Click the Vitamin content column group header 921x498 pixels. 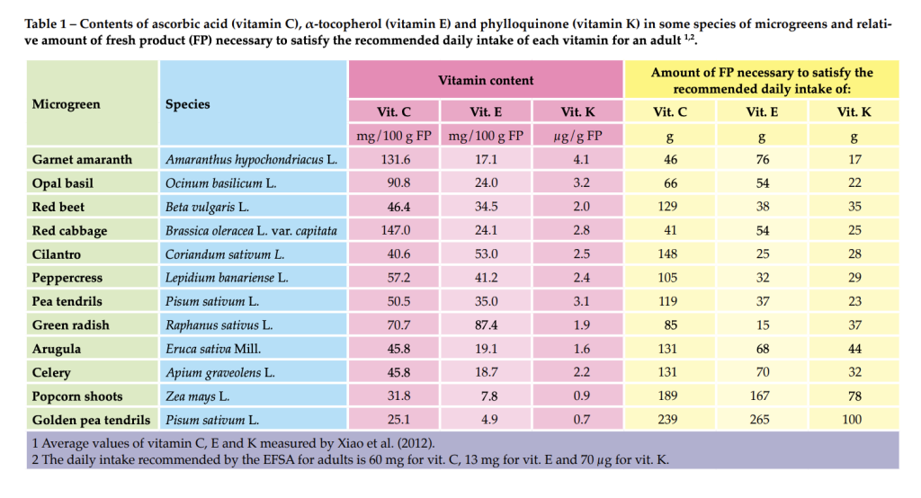click(486, 80)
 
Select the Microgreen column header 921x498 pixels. click(67, 104)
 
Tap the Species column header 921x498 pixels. click(187, 104)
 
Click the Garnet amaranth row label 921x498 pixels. click(82, 159)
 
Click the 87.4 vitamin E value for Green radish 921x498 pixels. click(486, 325)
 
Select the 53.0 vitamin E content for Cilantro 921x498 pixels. click(486, 253)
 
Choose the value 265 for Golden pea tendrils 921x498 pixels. click(762, 419)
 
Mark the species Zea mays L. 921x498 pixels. click(198, 396)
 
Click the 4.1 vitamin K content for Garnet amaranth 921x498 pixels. click(580, 159)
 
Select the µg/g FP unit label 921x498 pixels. click(578, 137)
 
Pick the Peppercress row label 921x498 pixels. click(67, 278)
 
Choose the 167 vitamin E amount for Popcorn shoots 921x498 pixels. click(762, 396)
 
